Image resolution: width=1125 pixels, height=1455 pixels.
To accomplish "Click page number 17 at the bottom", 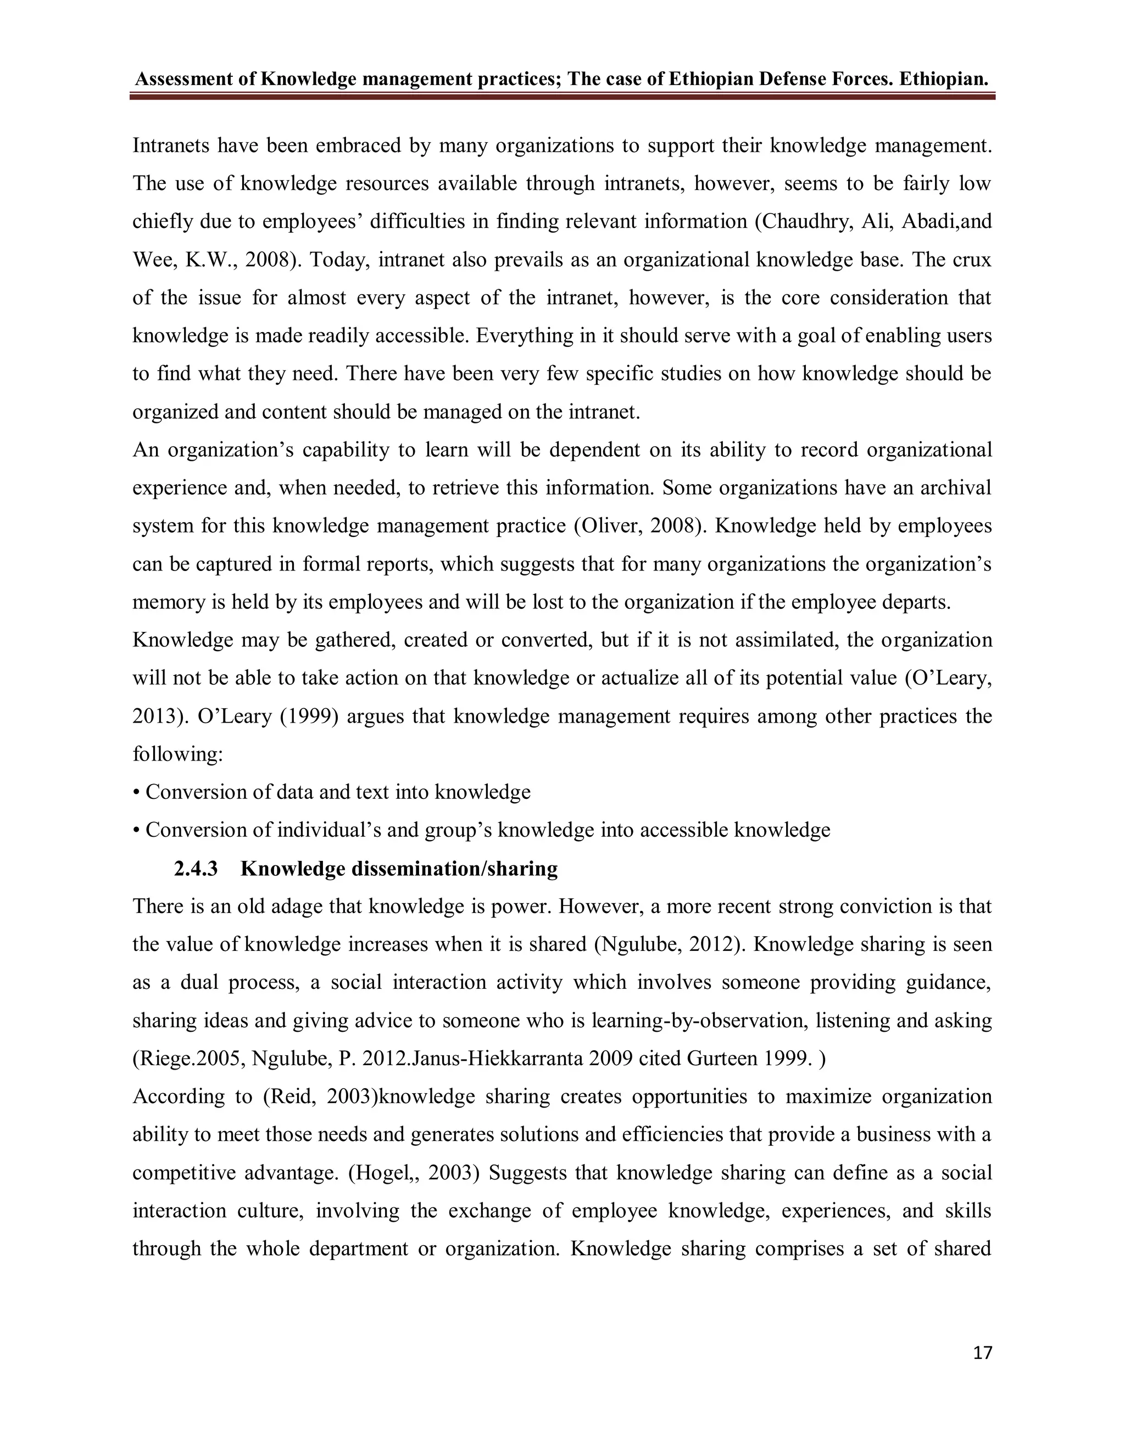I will (x=982, y=1352).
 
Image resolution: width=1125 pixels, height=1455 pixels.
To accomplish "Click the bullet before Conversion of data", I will (x=137, y=793).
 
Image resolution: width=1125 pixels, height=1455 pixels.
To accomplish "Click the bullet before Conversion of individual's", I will (x=137, y=831).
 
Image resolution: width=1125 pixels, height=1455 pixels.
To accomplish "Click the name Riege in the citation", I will (x=159, y=1059).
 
